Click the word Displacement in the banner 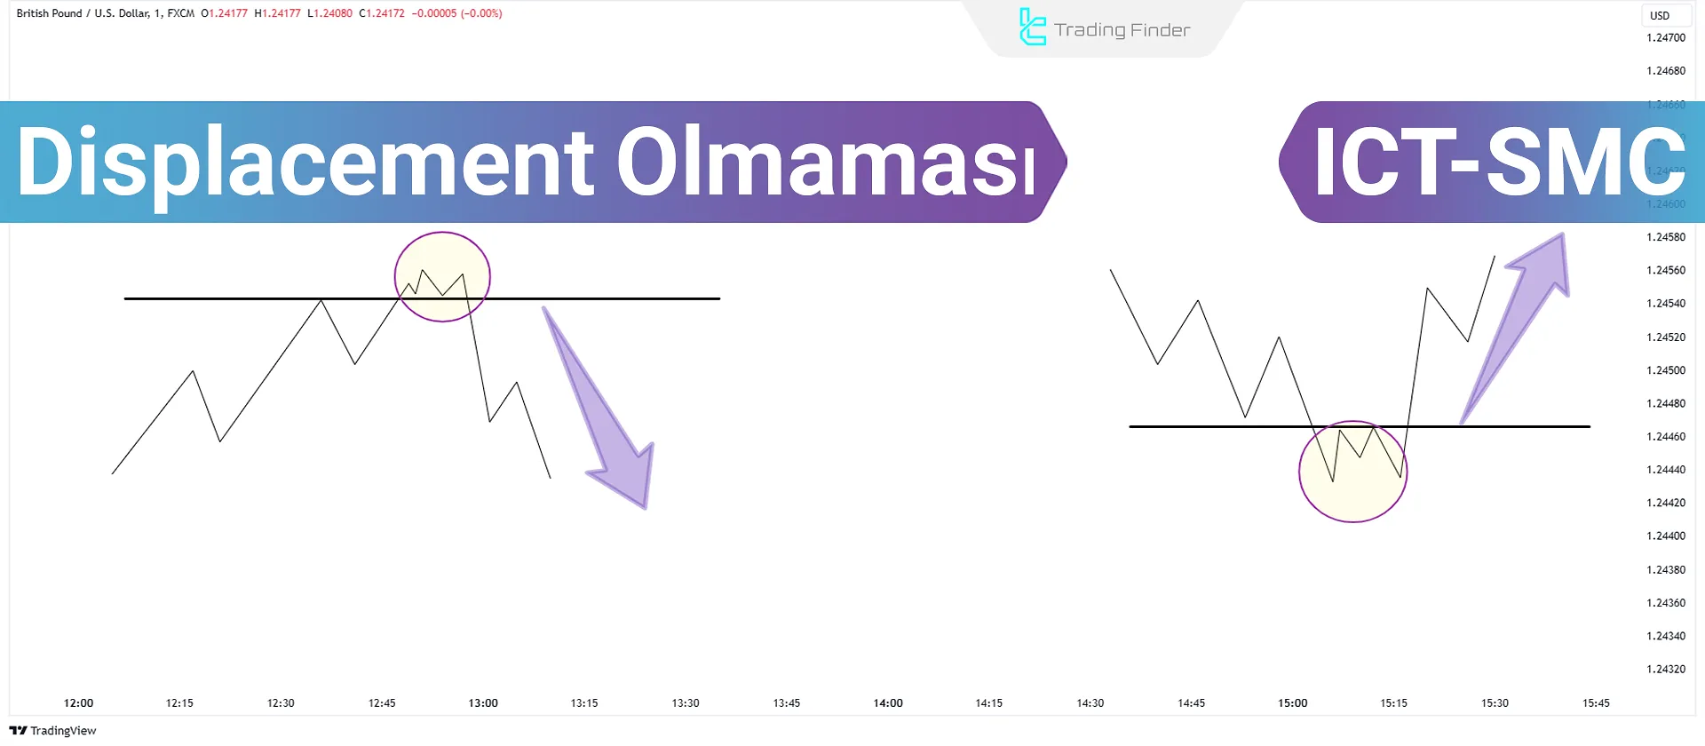(305, 163)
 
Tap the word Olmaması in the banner (826, 163)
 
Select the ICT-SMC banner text (1498, 163)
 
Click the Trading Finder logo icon (1032, 28)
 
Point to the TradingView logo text (53, 731)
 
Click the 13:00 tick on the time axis (483, 703)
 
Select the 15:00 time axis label (1292, 703)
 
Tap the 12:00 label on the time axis (78, 703)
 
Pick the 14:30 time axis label (1090, 703)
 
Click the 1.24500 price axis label (1665, 370)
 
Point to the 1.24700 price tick (1665, 38)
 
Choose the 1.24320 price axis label (1665, 670)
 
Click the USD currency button (1660, 15)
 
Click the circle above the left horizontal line (442, 277)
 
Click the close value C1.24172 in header (382, 13)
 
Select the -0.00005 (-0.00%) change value (456, 13)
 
